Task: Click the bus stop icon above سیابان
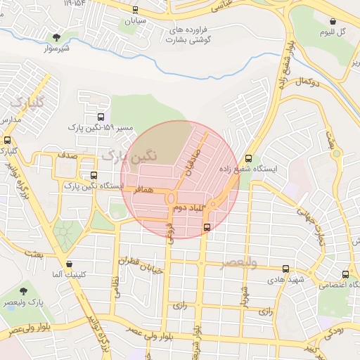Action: point(134,10)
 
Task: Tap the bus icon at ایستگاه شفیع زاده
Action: point(247,158)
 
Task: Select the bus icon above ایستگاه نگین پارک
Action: point(93,176)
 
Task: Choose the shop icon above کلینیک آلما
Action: point(69,264)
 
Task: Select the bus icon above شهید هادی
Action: point(285,269)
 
